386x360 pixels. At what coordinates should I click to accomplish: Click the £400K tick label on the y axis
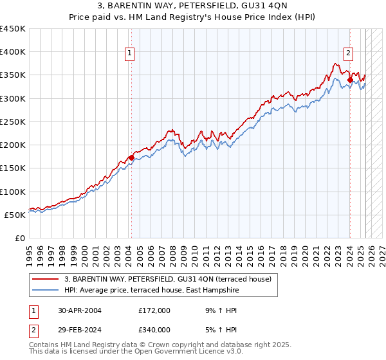coord(12,52)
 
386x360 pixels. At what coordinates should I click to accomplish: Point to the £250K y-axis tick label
coord(12,122)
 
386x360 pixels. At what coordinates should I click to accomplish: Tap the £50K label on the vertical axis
coord(15,215)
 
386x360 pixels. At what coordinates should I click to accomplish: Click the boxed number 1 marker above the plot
coord(130,53)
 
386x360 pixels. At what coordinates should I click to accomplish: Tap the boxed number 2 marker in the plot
coord(348,53)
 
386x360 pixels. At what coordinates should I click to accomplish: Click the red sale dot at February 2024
coord(350,80)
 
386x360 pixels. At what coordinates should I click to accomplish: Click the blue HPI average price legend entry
coord(151,291)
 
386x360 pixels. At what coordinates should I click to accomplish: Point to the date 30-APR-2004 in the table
coord(80,310)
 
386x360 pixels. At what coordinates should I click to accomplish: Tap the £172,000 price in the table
coord(154,310)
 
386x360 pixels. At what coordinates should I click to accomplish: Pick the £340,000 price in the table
coord(154,330)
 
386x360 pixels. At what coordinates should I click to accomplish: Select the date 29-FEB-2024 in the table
coord(80,330)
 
